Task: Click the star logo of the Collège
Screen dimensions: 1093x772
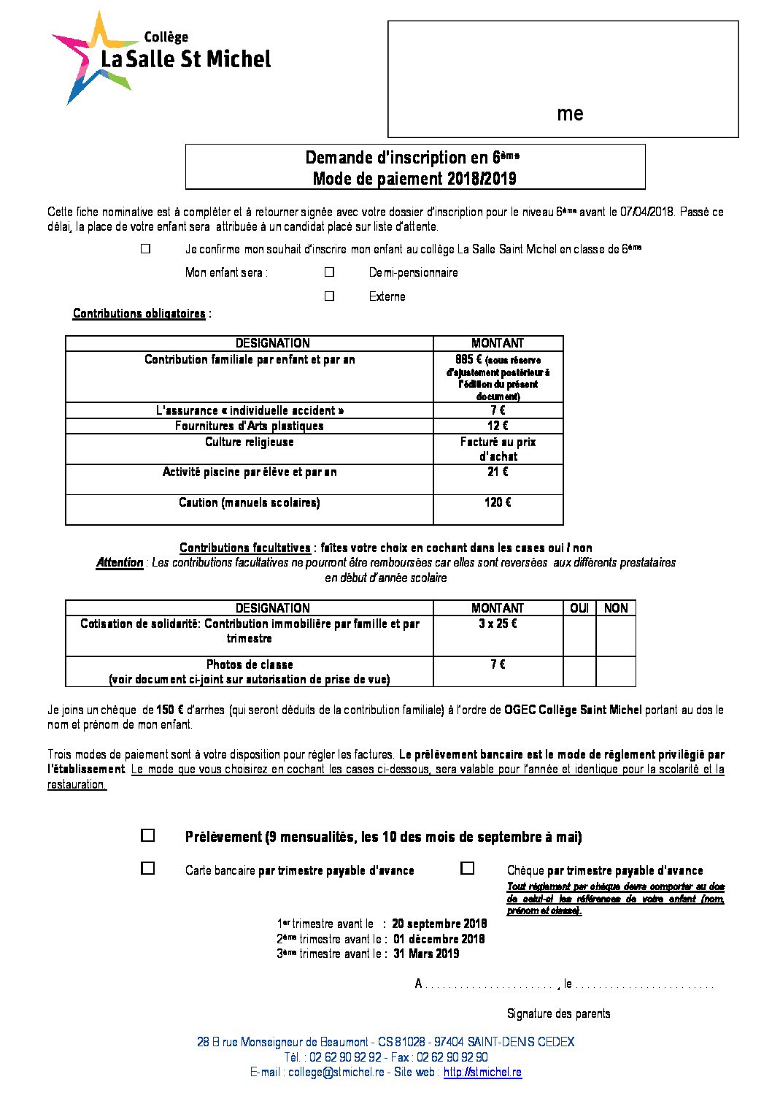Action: pos(91,57)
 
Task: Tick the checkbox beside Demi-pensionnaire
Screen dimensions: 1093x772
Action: pos(330,272)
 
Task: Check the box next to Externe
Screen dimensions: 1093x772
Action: pos(330,296)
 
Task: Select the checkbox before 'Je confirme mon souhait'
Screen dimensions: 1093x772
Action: pos(146,249)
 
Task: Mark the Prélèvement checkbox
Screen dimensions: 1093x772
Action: pos(148,835)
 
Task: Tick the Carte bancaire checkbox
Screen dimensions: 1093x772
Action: pos(148,869)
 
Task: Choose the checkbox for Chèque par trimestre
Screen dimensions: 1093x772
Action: pos(468,869)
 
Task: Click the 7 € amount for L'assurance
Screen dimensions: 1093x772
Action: pos(498,410)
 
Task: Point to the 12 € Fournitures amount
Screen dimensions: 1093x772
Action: pos(498,426)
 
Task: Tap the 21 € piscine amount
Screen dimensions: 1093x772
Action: pos(498,472)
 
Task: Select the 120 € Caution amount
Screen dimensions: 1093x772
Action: pos(498,502)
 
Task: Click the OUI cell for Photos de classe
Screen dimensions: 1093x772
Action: pos(579,671)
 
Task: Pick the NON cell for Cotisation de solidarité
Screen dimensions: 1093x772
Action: pos(616,636)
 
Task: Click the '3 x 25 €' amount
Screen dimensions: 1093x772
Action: pos(498,624)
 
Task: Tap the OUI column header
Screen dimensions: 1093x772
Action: pos(579,608)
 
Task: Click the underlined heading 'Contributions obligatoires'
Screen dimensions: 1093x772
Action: pos(139,314)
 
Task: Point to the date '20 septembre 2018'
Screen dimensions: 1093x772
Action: pos(439,924)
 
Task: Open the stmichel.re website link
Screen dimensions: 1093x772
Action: pos(482,1073)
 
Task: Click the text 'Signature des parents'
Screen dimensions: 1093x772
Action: pos(558,1013)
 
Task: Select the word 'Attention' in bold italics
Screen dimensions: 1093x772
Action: pos(120,563)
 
